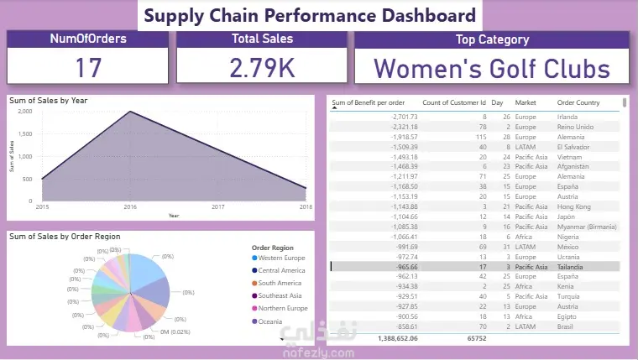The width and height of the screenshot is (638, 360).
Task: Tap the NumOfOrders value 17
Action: click(x=88, y=67)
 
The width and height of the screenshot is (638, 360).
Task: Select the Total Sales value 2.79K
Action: click(x=262, y=67)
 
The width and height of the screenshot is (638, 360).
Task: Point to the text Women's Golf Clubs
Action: click(x=492, y=67)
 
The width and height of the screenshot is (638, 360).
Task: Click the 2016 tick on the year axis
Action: click(x=129, y=207)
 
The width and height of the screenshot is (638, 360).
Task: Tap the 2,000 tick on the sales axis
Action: click(x=24, y=111)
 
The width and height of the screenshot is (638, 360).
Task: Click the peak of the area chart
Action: click(x=129, y=112)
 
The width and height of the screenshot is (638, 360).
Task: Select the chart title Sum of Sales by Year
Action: click(x=49, y=101)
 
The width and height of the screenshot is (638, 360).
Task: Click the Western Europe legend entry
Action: click(x=283, y=258)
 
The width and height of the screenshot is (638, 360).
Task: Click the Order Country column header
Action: click(x=578, y=104)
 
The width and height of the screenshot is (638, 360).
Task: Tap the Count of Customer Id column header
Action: click(x=453, y=104)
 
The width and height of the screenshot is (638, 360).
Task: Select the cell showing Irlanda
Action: click(x=568, y=117)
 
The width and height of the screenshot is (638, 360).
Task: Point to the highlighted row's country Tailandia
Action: click(x=573, y=267)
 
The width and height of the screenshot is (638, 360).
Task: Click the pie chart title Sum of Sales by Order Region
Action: click(x=65, y=237)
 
